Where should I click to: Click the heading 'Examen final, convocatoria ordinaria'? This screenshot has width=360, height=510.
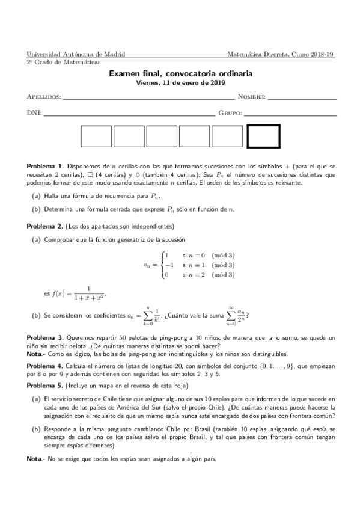click(180, 73)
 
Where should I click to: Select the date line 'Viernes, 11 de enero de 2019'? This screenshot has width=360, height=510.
click(180, 83)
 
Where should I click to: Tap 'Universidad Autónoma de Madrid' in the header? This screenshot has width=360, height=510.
click(76, 54)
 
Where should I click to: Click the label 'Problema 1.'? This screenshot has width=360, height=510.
click(45, 165)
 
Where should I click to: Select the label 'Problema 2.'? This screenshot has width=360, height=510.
click(45, 226)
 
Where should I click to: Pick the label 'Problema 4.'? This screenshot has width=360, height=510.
click(45, 366)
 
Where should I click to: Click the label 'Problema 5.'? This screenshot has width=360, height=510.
click(45, 384)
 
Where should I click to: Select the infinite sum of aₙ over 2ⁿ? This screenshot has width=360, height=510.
click(231, 314)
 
